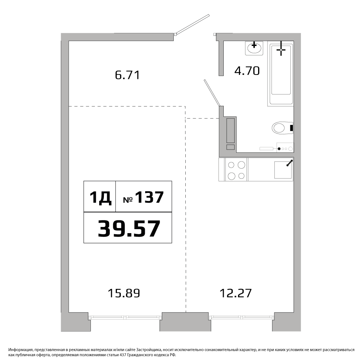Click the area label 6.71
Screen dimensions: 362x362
127,75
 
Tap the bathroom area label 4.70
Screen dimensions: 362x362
247,71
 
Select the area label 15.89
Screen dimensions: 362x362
124,294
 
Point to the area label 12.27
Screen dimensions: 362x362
236,294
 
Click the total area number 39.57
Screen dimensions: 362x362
129,228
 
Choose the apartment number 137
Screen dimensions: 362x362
149,197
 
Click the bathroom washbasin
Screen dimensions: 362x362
254,48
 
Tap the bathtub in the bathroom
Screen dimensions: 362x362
281,73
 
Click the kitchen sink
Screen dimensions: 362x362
283,170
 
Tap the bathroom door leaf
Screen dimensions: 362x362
211,93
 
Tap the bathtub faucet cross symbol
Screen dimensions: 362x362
281,48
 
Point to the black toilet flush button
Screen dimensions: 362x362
291,128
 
